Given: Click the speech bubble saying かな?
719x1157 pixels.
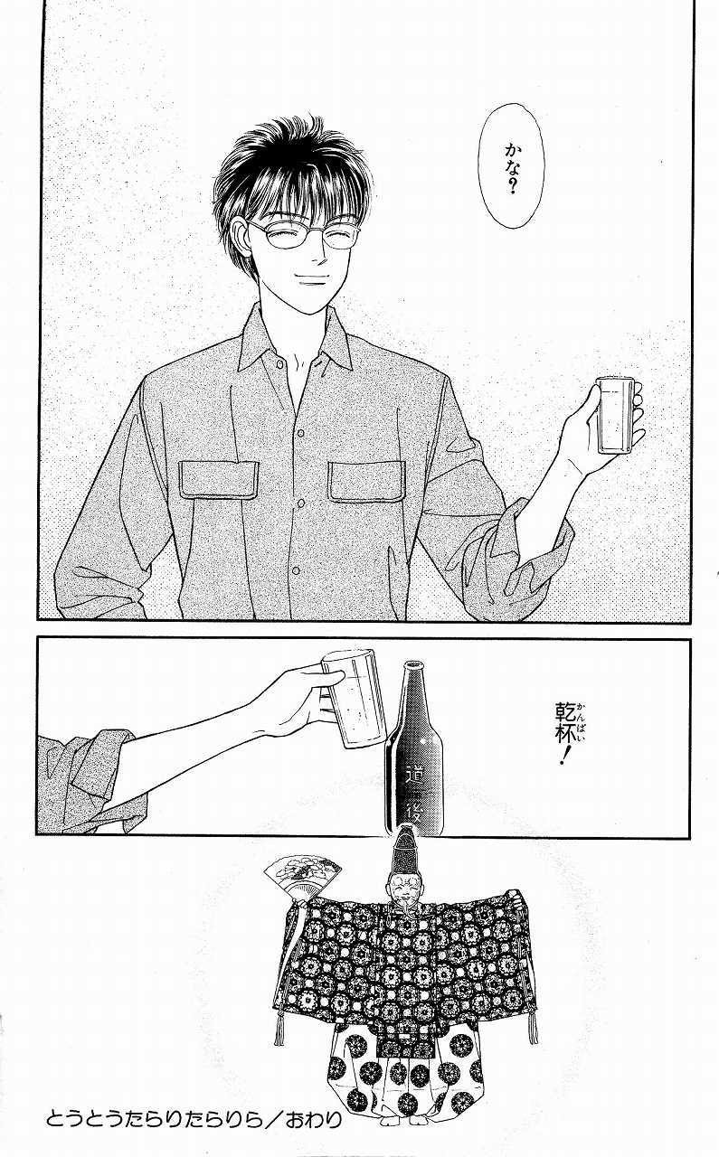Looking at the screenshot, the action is [x=510, y=166].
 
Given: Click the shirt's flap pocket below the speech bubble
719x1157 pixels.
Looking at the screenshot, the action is [x=367, y=481].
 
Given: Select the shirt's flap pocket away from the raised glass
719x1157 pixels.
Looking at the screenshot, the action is [x=218, y=481].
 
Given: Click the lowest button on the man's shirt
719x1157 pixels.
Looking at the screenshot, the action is [x=296, y=570].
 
